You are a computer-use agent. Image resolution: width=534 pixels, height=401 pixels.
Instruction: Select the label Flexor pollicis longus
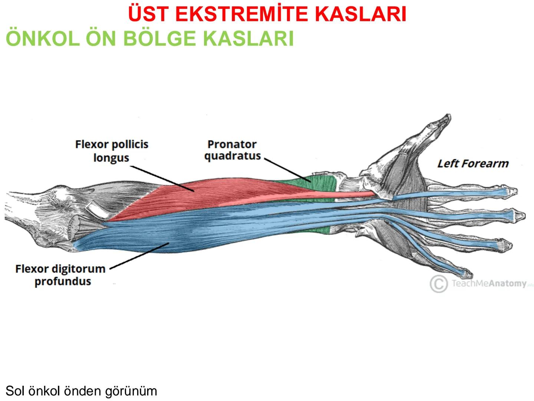click(112, 150)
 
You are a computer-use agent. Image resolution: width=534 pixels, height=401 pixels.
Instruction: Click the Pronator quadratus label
click(232, 150)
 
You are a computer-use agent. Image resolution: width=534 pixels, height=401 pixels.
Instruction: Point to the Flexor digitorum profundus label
click(60, 274)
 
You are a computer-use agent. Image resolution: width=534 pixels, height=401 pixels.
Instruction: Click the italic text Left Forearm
click(473, 163)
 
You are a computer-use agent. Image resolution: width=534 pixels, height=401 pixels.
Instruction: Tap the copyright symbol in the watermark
click(438, 284)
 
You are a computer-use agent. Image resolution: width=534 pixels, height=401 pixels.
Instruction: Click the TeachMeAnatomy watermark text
click(489, 284)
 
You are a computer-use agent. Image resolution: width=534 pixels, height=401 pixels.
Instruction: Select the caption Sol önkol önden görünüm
click(82, 391)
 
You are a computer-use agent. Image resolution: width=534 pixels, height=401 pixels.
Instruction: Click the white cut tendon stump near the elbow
click(95, 209)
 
